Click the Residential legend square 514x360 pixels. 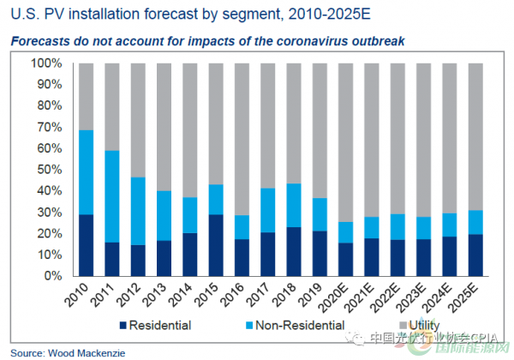pos(124,325)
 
